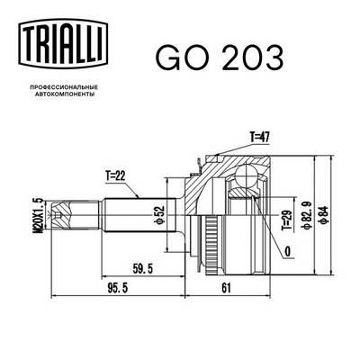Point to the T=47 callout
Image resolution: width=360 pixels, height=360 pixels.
[260, 137]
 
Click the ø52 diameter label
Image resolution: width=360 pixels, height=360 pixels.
[159, 216]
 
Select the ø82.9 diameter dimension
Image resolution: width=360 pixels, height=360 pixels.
[308, 217]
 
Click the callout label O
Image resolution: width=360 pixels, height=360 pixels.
[286, 252]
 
